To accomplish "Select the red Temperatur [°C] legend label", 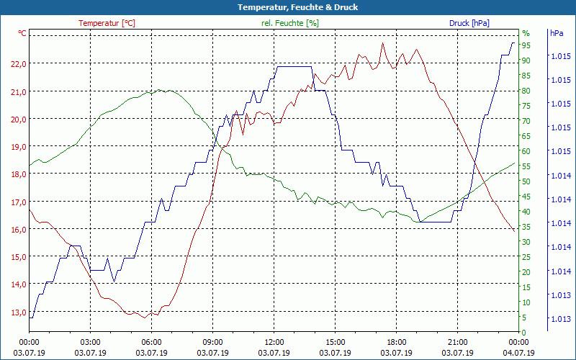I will [x=107, y=23].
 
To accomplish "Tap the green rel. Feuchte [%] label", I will [x=290, y=23].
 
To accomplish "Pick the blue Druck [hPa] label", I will [x=469, y=23].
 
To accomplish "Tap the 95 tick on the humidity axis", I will [x=526, y=45].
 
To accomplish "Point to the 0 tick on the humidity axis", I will [x=524, y=332].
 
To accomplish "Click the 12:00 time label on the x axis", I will [x=274, y=343].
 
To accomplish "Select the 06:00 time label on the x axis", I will [x=152, y=343].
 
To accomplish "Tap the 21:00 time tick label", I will [x=458, y=343].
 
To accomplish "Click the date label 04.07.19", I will [x=519, y=353].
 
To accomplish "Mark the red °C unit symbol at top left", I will [x=22, y=33].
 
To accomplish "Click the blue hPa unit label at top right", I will [x=557, y=33].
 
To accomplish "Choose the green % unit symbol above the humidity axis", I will [x=526, y=33].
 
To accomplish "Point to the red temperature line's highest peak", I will [x=383, y=43].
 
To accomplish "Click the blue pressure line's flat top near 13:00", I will [x=294, y=66].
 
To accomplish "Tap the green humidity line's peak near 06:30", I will [x=160, y=90].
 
